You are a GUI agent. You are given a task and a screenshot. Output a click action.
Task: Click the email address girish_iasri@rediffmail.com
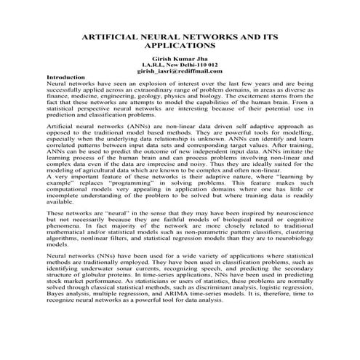(x=180, y=71)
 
